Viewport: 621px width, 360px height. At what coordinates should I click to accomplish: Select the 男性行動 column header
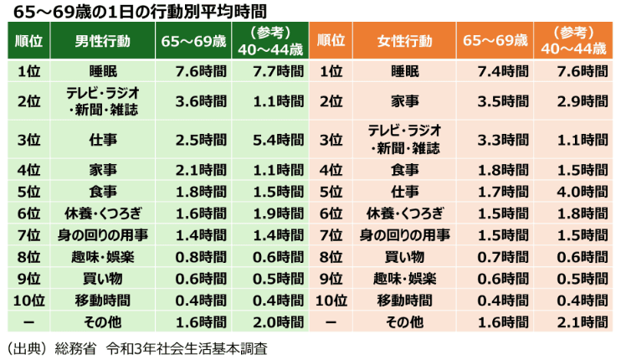pyautogui.click(x=102, y=40)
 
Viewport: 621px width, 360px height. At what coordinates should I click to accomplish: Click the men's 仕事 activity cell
pyautogui.click(x=102, y=138)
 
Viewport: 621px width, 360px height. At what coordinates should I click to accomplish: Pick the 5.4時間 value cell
pyautogui.click(x=279, y=138)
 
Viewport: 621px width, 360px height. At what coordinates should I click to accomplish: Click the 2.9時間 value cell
pyautogui.click(x=582, y=102)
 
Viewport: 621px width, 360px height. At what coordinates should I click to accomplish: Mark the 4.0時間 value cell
pyautogui.click(x=582, y=191)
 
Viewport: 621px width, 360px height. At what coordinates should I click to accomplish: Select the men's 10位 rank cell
pyautogui.click(x=29, y=300)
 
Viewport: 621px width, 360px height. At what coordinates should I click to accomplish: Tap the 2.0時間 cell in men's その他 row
pyautogui.click(x=279, y=321)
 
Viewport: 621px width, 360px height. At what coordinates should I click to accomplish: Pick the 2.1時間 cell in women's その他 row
pyautogui.click(x=582, y=321)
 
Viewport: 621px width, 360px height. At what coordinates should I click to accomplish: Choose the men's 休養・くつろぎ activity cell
pyautogui.click(x=102, y=213)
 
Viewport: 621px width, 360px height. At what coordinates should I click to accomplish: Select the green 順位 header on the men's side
pyautogui.click(x=29, y=40)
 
